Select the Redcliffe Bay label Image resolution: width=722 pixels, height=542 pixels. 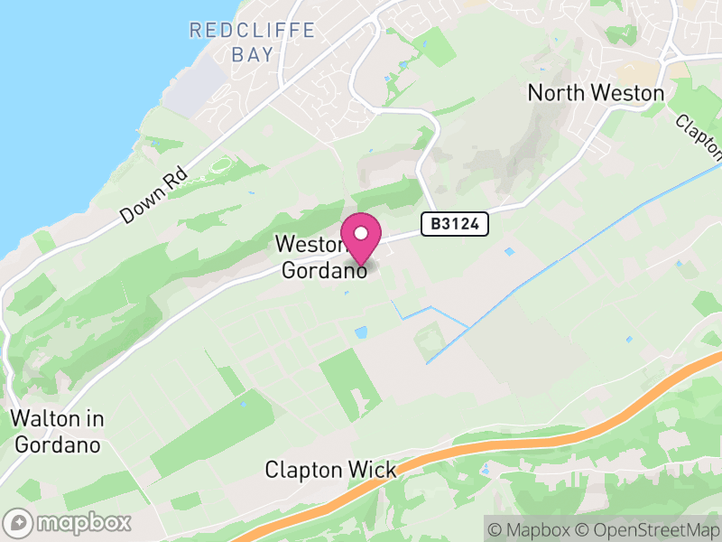click(x=252, y=42)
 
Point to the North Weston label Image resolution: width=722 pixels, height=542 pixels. click(x=596, y=93)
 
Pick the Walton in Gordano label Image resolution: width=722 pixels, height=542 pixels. click(x=58, y=432)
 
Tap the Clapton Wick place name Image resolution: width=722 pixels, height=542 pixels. click(x=330, y=470)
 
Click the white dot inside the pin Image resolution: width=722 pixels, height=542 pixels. click(x=361, y=234)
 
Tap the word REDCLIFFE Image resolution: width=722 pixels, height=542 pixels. click(x=252, y=31)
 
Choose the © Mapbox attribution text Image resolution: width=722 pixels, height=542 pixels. click(x=532, y=529)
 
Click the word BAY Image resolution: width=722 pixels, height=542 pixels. click(x=252, y=54)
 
